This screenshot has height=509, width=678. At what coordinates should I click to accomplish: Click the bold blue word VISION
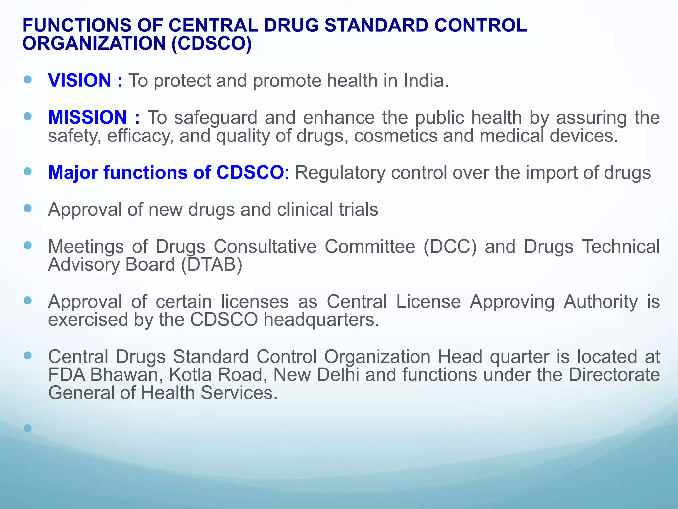coord(79,81)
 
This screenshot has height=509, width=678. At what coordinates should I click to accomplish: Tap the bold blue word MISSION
coord(87,117)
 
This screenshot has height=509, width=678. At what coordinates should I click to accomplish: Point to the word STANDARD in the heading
coord(376,26)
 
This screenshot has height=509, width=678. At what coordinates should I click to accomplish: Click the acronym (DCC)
coord(450,247)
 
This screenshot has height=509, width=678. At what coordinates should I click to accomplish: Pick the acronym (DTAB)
coord(212,265)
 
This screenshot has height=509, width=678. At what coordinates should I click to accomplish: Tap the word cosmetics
coord(396,136)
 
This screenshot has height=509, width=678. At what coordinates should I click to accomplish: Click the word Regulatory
coord(340,173)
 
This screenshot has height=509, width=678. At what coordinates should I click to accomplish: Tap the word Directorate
coord(614,375)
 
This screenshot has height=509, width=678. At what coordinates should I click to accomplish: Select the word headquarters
coord(321,320)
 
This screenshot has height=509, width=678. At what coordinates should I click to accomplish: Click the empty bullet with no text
coord(28,428)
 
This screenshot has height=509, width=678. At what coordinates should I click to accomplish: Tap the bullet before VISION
coord(28,80)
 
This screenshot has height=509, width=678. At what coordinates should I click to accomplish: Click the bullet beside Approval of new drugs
coord(28,208)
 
